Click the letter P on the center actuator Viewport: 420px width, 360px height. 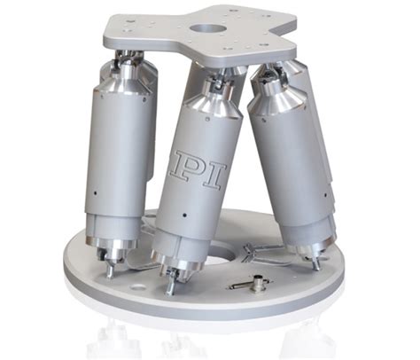190,166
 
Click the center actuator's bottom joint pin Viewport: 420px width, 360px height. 168,286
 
